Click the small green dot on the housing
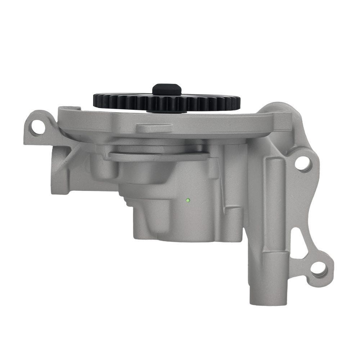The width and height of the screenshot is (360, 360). (188, 200)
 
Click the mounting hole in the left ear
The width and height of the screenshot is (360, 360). (37, 127)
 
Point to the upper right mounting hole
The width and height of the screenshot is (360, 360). (303, 163)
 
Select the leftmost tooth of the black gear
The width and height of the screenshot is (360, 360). (95, 99)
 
